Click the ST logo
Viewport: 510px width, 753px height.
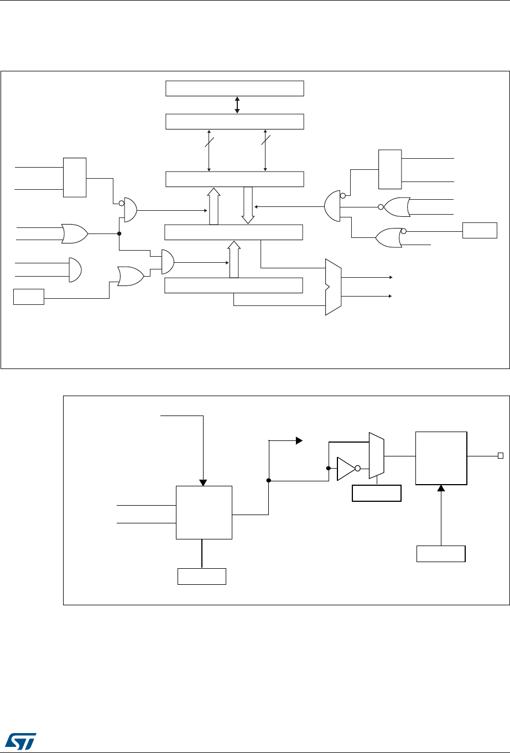(x=20, y=739)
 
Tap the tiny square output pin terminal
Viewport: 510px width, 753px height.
(x=500, y=456)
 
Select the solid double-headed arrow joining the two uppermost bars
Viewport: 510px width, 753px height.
(x=237, y=105)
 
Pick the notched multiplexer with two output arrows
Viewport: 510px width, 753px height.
(x=333, y=287)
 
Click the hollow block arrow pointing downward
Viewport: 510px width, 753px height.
(x=248, y=205)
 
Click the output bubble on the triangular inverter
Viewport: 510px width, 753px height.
(x=358, y=469)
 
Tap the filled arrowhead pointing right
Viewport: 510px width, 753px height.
(x=299, y=441)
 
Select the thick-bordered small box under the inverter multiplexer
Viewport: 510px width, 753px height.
(x=376, y=493)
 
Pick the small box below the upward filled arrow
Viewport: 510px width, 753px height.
(x=441, y=554)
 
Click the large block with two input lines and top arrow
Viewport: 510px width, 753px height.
(x=204, y=512)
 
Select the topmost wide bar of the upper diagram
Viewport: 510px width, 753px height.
(x=235, y=89)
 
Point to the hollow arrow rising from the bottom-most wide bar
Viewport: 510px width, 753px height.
(x=234, y=259)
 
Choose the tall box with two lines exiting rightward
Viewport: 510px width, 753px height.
(x=389, y=169)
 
